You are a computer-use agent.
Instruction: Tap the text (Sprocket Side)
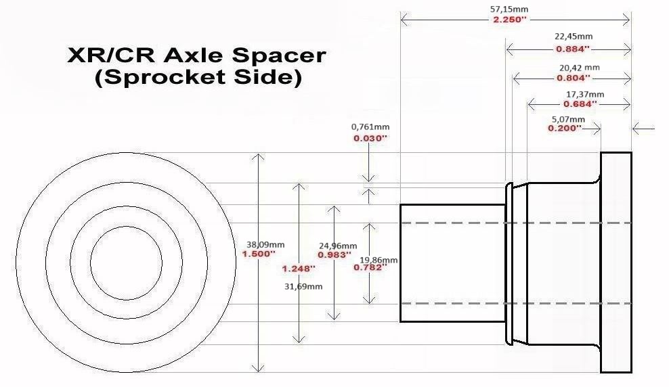coord(198,78)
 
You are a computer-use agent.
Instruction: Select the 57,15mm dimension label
coord(509,9)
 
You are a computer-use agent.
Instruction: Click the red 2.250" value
coord(510,20)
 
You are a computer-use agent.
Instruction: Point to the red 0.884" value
coord(573,49)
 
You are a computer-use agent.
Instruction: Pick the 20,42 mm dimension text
coord(580,68)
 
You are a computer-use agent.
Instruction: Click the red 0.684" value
coord(580,104)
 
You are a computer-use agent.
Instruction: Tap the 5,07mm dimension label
coord(568,119)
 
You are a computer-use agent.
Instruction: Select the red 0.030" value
coord(370,138)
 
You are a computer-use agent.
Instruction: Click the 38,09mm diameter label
coord(265,245)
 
